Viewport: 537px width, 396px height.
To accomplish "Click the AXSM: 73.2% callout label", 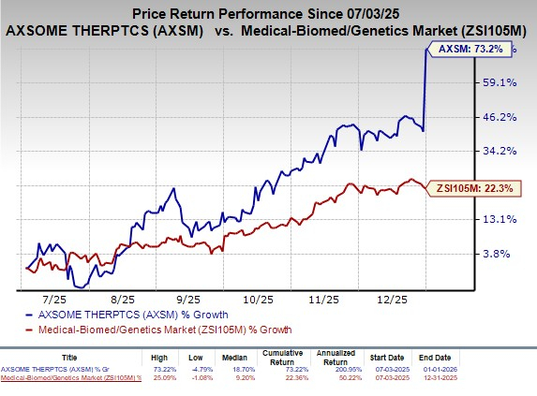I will click(x=475, y=49).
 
